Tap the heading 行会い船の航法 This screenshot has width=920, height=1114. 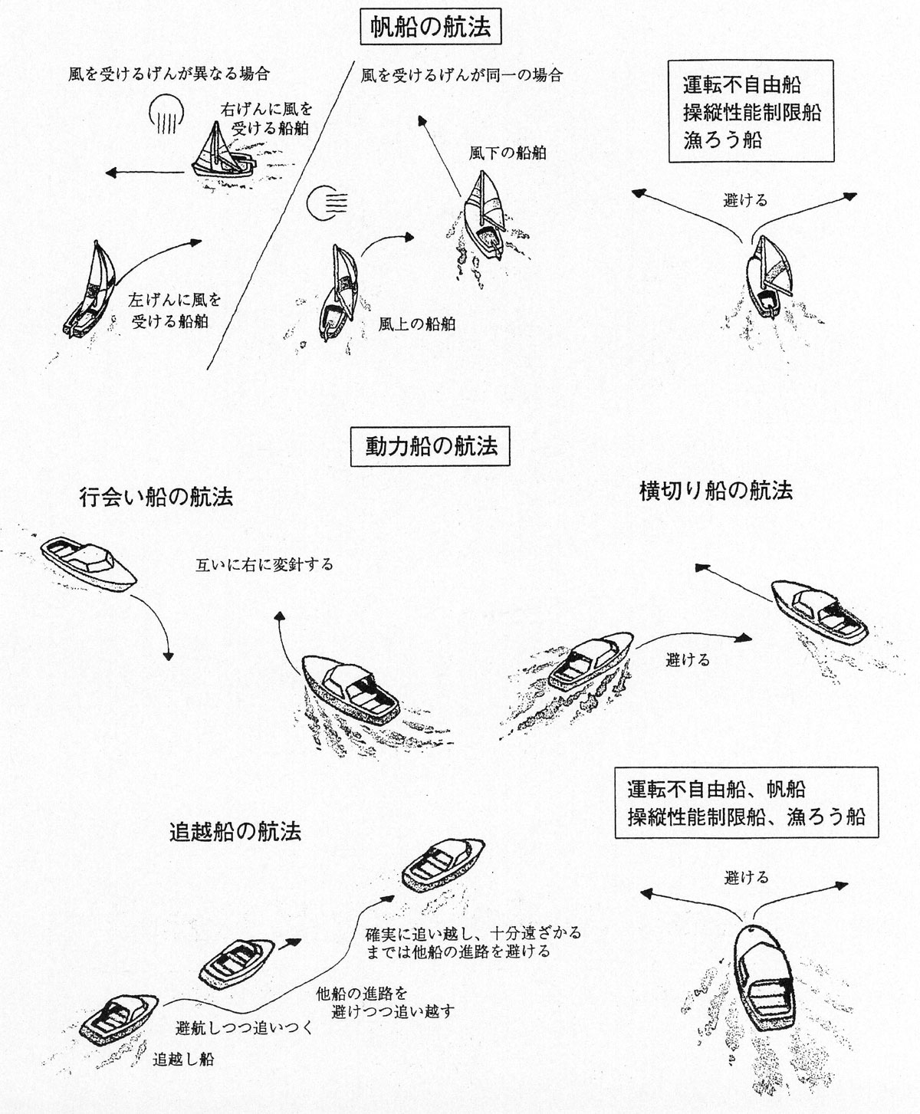click(156, 498)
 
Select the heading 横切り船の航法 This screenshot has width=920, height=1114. click(716, 491)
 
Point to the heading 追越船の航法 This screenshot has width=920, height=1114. click(235, 831)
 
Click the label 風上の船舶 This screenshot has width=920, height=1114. click(417, 324)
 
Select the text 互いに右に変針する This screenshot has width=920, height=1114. click(264, 565)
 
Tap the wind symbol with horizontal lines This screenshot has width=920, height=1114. click(326, 202)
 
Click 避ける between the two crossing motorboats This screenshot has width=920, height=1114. click(688, 659)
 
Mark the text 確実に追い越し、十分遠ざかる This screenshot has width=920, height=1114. click(473, 934)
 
